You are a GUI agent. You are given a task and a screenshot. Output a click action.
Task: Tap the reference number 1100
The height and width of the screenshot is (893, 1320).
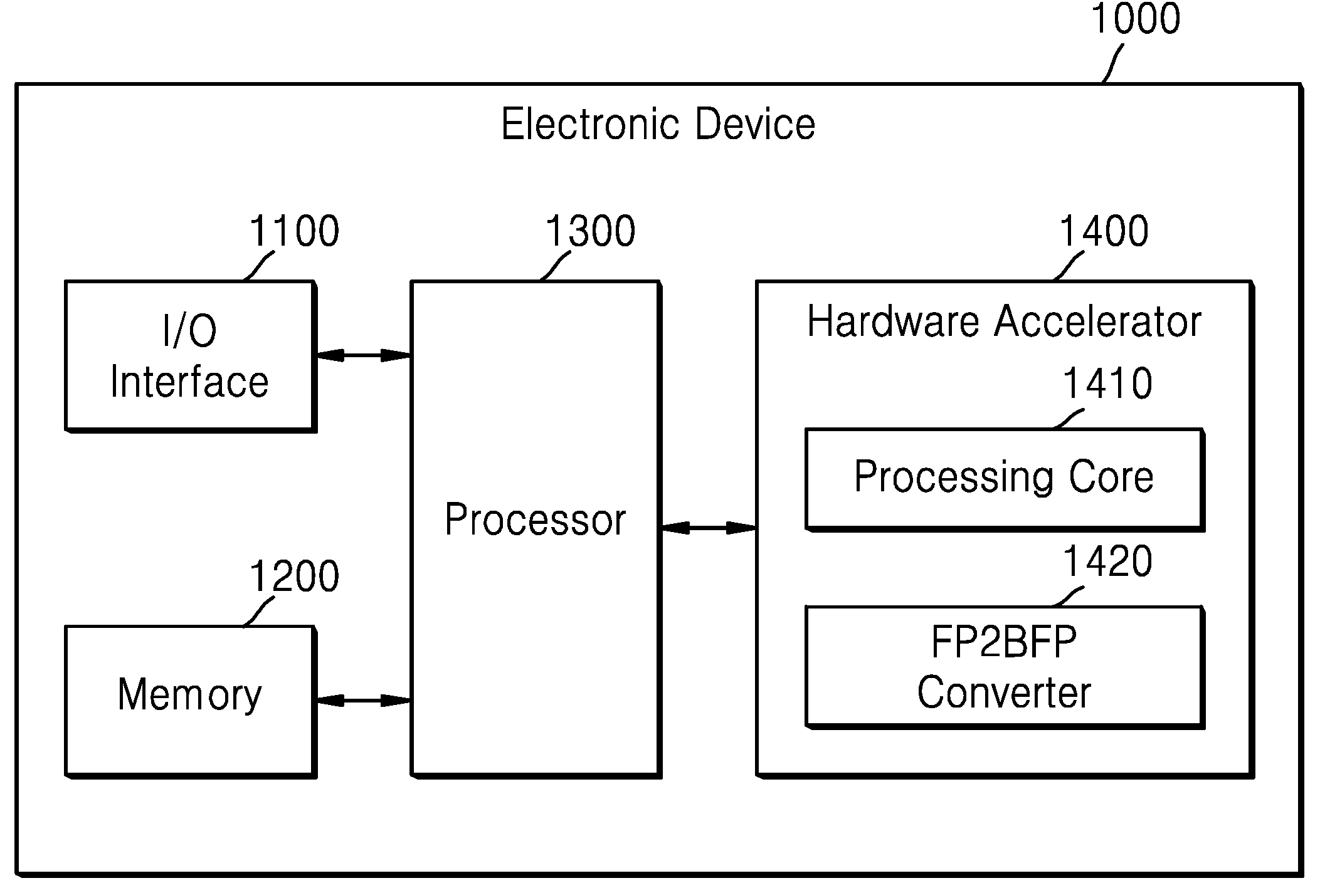coord(294,231)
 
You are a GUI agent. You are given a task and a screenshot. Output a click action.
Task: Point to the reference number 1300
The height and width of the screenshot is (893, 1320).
coord(590,231)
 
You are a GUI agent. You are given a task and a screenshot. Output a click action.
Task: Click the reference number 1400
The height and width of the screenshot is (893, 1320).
coord(1104,231)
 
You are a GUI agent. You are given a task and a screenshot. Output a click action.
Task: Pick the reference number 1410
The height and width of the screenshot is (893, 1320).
coord(1107,383)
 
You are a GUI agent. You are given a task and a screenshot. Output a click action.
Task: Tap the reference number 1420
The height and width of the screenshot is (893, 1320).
coord(1107,561)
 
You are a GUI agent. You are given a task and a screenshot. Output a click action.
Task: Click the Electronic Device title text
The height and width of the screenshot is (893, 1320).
coord(658,124)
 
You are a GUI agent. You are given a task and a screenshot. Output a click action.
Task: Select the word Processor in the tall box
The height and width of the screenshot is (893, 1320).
coord(535,520)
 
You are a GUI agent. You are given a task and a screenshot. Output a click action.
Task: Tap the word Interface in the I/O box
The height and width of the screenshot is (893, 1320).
coord(189,382)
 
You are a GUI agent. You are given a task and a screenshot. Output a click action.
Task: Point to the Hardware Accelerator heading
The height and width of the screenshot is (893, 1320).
coord(1003,321)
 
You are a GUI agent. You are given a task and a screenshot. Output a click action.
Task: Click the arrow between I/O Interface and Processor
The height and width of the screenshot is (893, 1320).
coord(362,355)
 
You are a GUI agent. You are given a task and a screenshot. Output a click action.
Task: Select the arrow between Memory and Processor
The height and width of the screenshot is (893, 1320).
coord(362,700)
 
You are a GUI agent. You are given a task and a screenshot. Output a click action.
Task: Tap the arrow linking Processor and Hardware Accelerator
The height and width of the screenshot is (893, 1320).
coord(709,528)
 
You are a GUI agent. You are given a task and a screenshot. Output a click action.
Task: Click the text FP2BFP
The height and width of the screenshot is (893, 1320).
coord(1004,642)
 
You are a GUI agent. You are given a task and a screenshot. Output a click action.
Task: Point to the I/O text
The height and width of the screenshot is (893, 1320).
coord(189,330)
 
